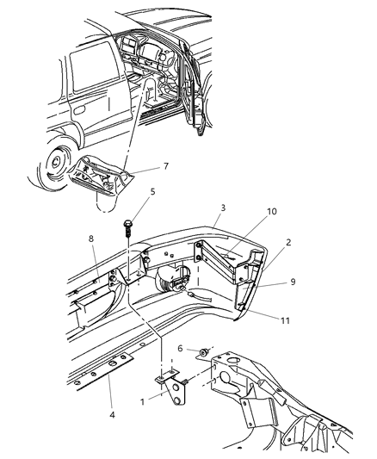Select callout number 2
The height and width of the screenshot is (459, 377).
[x=289, y=243]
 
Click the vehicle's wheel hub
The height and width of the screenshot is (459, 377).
[x=56, y=161]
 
